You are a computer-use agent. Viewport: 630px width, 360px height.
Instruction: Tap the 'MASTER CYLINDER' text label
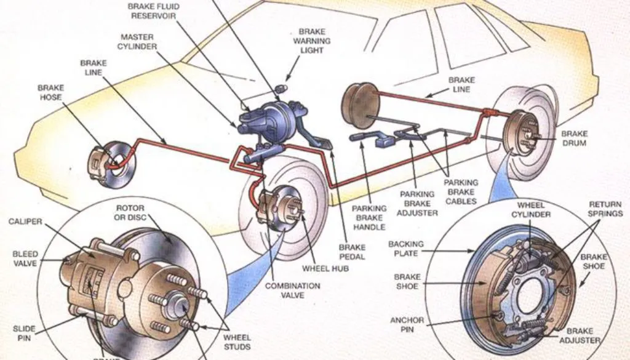(x=138, y=41)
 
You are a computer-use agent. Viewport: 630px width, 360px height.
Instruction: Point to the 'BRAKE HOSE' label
(x=50, y=93)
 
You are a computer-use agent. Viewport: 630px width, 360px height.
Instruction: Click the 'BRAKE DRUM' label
(x=574, y=138)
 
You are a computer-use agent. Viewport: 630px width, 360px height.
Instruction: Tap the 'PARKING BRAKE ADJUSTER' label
(x=418, y=204)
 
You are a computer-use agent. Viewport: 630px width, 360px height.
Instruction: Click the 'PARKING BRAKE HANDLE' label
(x=369, y=217)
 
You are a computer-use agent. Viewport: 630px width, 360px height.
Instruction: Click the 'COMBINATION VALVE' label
(x=292, y=290)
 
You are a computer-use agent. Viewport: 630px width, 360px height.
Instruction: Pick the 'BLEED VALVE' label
(x=25, y=258)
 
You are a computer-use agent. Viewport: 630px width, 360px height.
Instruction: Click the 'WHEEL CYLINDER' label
(x=531, y=210)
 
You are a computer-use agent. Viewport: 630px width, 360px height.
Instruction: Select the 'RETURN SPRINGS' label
(x=606, y=209)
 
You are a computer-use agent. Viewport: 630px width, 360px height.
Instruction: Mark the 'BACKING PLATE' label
(x=405, y=249)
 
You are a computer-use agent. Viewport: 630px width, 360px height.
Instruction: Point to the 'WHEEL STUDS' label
(x=237, y=342)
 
